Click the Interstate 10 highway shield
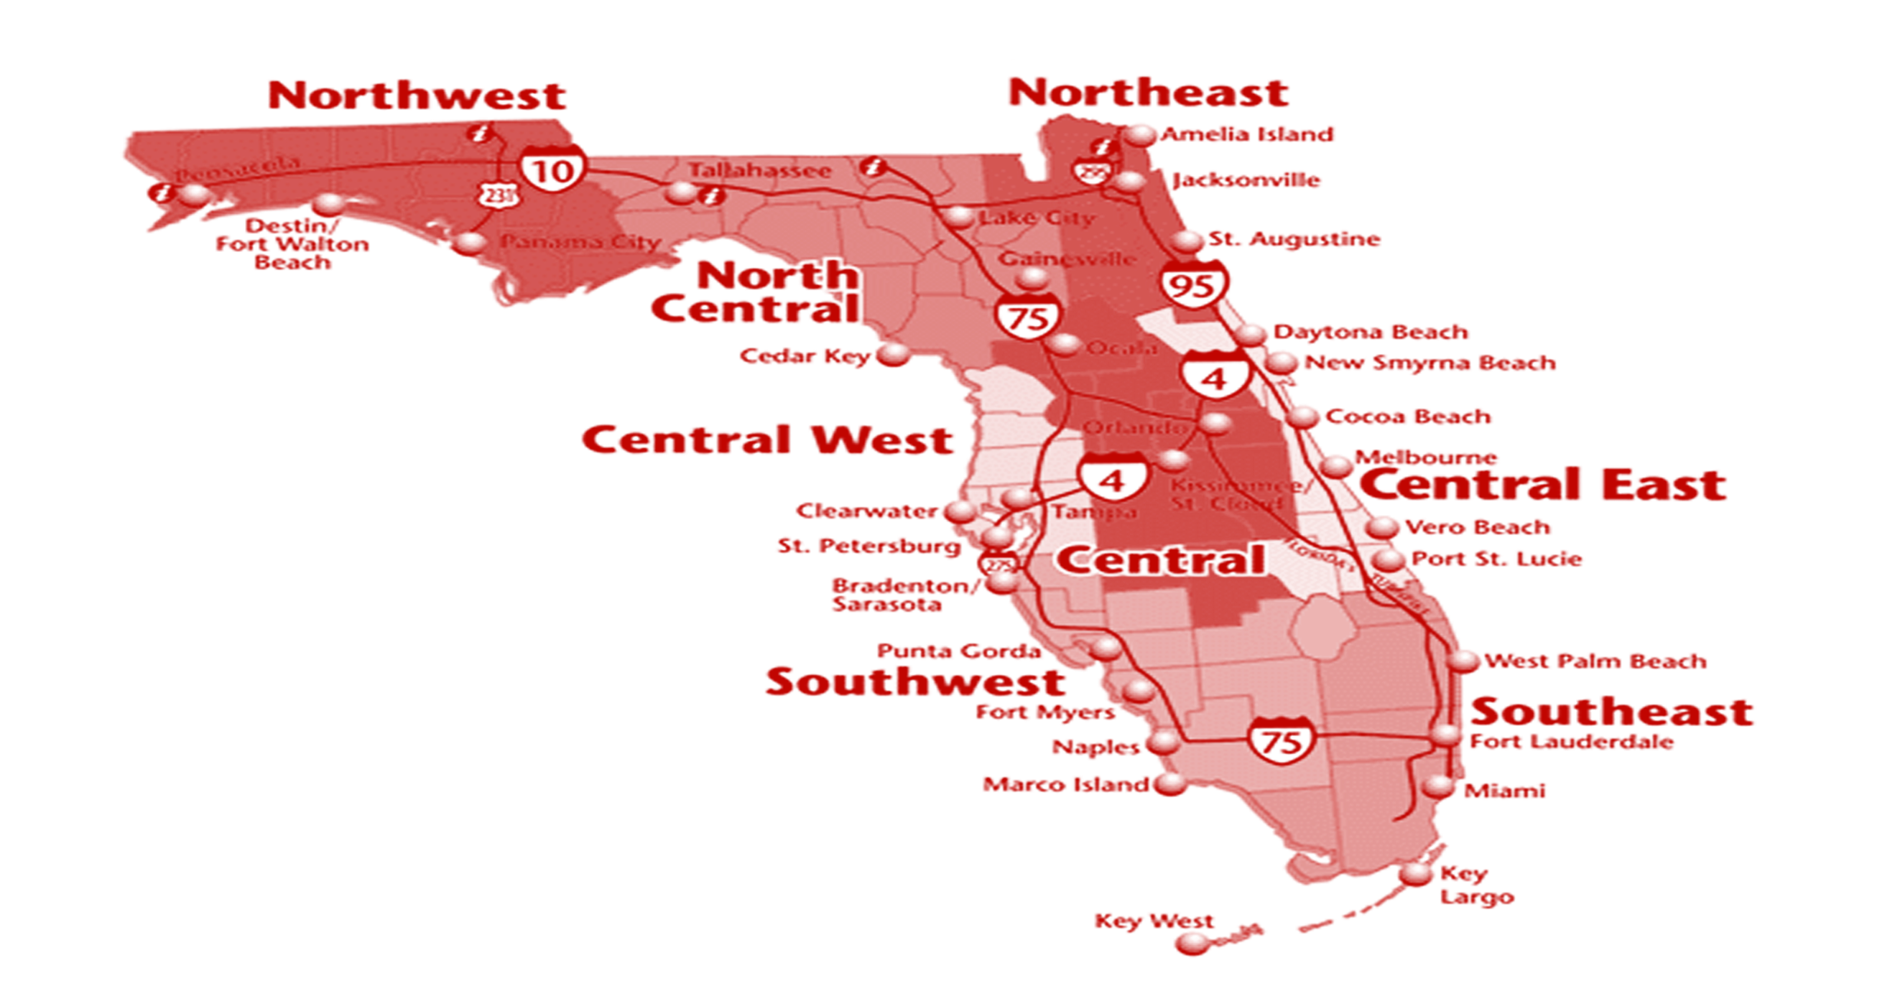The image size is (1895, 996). coord(553,170)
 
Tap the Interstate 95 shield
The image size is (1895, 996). coord(1195,283)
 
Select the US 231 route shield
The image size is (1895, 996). coord(497,195)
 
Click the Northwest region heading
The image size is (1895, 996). coord(417,96)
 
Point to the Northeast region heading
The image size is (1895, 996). coord(1148,93)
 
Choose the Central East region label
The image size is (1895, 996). coord(1542,485)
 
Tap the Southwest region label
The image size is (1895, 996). coord(915,682)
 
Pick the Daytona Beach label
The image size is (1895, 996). coord(1371,332)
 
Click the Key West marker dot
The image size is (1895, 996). coord(1191,943)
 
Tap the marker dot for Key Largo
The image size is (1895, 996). coord(1414,874)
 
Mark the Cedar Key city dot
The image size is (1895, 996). coord(894,354)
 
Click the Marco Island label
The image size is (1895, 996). coord(1066,785)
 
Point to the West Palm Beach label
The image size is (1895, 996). coord(1595,661)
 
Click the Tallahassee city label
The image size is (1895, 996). coord(759,171)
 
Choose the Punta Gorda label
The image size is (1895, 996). coord(958,651)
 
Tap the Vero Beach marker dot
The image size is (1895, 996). coord(1382,526)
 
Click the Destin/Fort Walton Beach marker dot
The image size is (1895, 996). coord(329,203)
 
